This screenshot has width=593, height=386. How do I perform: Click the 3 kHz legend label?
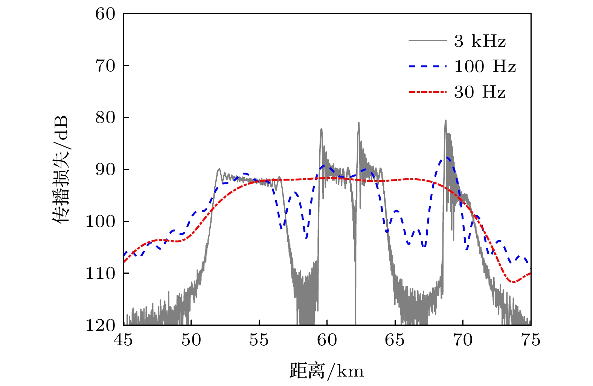(480, 41)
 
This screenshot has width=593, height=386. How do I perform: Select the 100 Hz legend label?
(485, 66)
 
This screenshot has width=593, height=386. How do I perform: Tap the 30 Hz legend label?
(480, 92)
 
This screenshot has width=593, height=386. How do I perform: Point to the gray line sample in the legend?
(428, 40)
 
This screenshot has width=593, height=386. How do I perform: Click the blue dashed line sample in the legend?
(428, 66)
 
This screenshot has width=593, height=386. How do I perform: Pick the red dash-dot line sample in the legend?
(428, 92)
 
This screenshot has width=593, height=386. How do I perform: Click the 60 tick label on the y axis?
(105, 14)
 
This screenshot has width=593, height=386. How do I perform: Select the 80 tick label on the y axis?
(105, 118)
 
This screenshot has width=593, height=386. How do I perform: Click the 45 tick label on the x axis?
(123, 340)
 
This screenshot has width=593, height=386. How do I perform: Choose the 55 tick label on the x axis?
(259, 340)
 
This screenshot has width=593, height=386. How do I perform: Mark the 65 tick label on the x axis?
(395, 340)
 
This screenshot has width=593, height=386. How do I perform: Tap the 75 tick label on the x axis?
(530, 340)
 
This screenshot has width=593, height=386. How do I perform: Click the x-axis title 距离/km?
(327, 371)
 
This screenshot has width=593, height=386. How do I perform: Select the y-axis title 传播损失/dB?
(60, 169)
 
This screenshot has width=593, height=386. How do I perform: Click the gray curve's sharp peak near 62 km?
(358, 123)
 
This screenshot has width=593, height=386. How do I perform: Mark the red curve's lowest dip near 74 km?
(514, 282)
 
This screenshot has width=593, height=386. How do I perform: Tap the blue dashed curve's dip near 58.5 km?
(306, 238)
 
